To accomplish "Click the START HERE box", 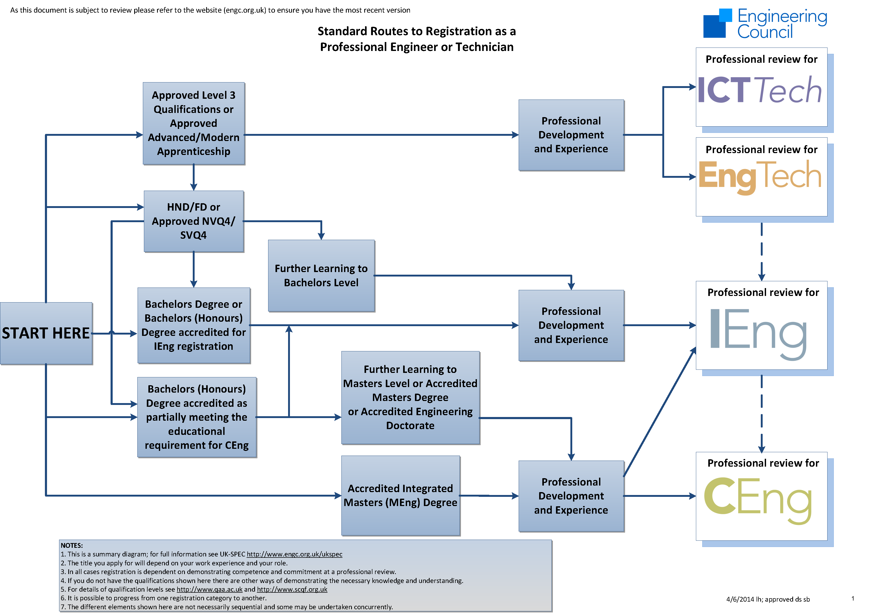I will (46, 333).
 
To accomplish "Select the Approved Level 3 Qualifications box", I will (194, 123).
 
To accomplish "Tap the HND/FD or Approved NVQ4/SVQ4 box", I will (194, 221).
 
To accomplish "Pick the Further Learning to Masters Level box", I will (410, 397).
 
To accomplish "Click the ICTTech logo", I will (759, 90).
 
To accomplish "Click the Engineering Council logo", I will (765, 23).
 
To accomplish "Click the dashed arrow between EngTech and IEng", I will (762, 252).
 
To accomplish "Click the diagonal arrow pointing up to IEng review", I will (660, 412).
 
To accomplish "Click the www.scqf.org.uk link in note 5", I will (292, 589).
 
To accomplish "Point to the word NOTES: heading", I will (72, 545).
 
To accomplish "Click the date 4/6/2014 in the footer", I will (740, 599).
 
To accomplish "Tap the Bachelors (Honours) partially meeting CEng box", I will (196, 417).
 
